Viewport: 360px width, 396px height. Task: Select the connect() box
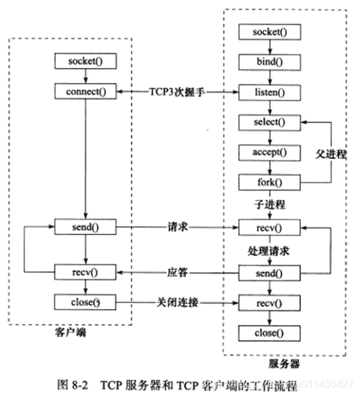pos(86,92)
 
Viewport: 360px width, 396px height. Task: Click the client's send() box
pos(86,228)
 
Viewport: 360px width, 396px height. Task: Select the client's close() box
pos(86,303)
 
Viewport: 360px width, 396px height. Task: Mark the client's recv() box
pos(86,271)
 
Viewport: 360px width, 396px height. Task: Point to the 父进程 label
pos(334,156)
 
